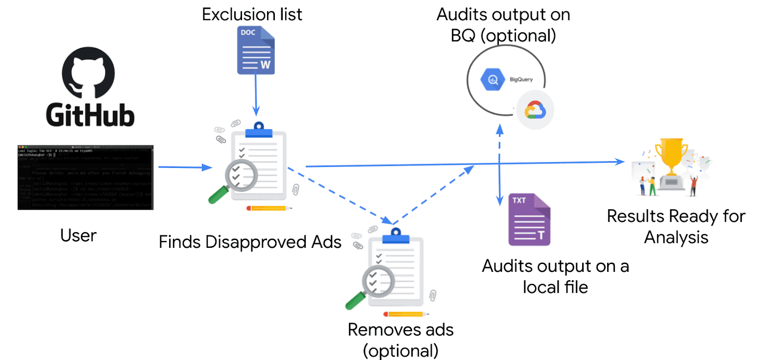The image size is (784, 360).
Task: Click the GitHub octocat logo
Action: tap(88, 72)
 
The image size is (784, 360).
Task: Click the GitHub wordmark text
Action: tap(90, 116)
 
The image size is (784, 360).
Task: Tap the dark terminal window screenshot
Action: tap(85, 177)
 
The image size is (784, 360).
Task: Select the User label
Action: tap(78, 236)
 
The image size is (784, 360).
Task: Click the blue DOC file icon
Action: tap(256, 50)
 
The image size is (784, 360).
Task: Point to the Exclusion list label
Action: tap(252, 15)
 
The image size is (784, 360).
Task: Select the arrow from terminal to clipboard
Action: tap(184, 167)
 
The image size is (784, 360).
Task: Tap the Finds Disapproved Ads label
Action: tap(250, 242)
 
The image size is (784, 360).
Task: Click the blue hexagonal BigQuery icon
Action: tap(492, 79)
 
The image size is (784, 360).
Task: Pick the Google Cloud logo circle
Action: tap(535, 110)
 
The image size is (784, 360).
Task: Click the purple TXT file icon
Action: tap(529, 219)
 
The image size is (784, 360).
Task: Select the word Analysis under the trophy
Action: tap(676, 238)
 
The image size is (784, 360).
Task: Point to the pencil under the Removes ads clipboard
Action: tap(406, 314)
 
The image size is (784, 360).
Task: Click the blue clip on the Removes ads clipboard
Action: tap(396, 236)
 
